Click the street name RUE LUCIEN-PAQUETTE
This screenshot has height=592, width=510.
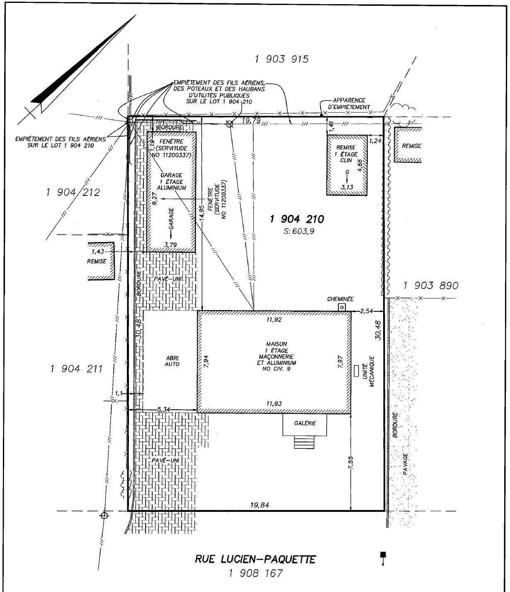255,559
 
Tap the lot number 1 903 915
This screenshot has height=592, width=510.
282,59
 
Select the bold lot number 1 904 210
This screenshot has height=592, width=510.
296,219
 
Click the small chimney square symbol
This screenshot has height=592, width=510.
342,307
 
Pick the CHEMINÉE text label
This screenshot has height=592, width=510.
340,298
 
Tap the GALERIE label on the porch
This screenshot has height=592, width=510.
305,423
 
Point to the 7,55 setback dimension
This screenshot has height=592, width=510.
350,462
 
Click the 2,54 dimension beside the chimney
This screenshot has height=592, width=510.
367,311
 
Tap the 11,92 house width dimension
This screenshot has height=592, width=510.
274,320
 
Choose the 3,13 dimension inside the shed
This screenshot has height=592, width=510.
347,188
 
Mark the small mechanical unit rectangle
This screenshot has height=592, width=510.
356,371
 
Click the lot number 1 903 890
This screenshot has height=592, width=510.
430,286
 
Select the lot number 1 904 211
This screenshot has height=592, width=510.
76,369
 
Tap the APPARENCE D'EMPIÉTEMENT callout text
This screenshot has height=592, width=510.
349,103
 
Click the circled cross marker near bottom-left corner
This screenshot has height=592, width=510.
104,515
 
